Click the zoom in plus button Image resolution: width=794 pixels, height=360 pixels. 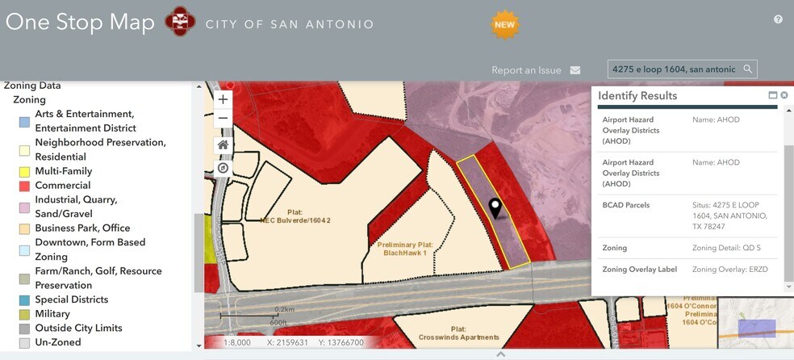(224, 99)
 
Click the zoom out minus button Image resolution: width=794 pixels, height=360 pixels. (224, 118)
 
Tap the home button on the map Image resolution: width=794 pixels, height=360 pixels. (224, 144)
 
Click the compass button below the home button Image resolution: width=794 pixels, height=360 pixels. (224, 168)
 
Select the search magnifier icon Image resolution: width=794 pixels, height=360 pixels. (748, 69)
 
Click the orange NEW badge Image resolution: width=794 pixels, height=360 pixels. (504, 24)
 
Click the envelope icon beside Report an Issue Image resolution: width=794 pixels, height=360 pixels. (575, 70)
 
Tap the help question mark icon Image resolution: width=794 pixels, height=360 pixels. (778, 19)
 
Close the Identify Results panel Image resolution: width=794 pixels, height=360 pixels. (784, 95)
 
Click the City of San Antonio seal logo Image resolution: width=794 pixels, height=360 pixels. (180, 22)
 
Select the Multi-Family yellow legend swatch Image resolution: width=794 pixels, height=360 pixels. (24, 172)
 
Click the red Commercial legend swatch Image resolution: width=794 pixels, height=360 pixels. (24, 186)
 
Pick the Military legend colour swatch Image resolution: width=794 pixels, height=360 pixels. (24, 314)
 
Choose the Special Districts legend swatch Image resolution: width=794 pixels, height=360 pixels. (24, 300)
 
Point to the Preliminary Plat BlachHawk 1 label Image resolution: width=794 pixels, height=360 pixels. (407, 248)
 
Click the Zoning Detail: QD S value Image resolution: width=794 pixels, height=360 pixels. (726, 248)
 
